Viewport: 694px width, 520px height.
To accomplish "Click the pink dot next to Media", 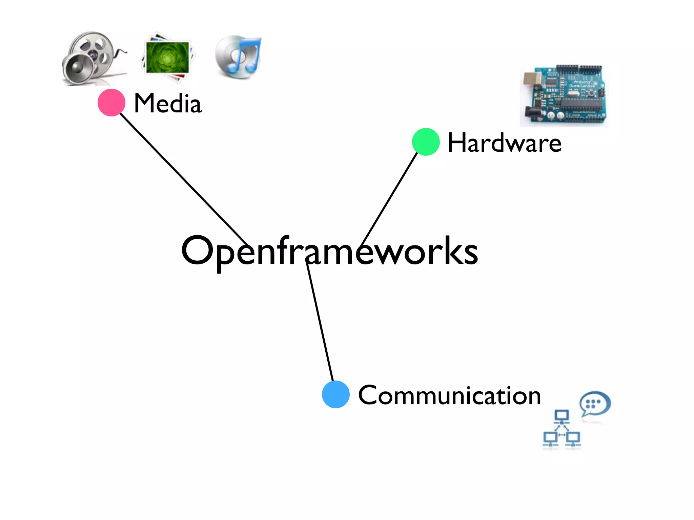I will (x=111, y=103).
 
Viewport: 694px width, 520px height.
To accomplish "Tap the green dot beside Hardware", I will (x=426, y=142).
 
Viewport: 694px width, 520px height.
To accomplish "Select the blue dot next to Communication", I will (x=336, y=394).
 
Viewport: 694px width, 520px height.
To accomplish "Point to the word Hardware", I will (x=504, y=143).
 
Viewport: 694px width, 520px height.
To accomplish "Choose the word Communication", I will (x=449, y=395).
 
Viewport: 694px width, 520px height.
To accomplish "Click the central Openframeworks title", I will (x=329, y=251).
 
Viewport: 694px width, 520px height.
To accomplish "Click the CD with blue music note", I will (x=239, y=57).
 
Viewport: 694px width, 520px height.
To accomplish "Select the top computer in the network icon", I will (x=562, y=416).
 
